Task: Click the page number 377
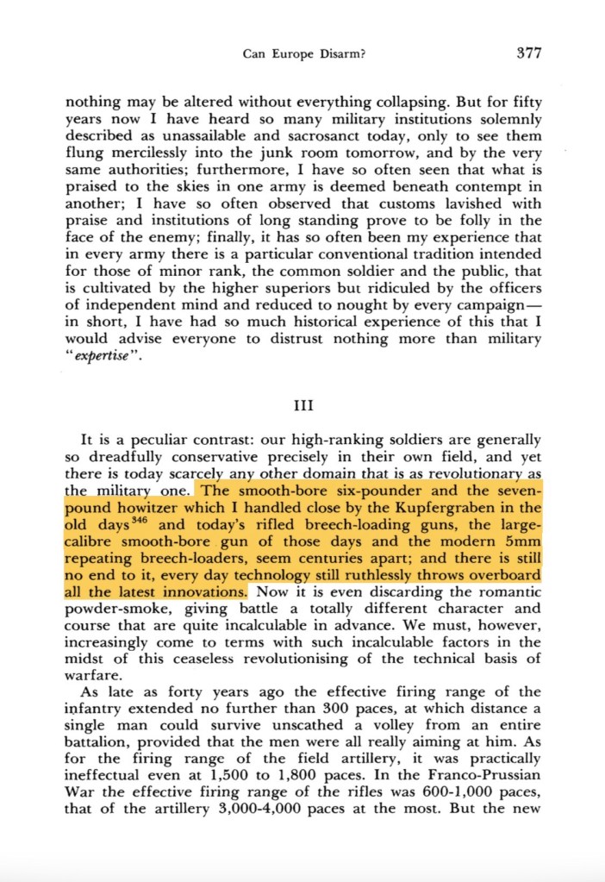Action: tap(528, 53)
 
